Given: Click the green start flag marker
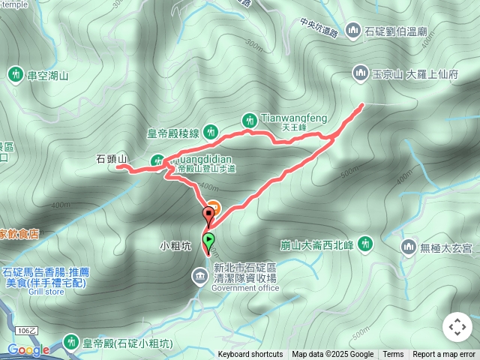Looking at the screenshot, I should coord(208,240).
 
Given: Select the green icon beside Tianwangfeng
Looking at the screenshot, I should coord(250,119).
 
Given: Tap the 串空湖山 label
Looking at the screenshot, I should coord(48,75).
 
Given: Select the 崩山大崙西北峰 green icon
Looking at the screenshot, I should coord(365,243).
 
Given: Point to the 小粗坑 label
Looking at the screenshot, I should coord(175,245).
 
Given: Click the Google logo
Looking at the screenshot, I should coord(28,349).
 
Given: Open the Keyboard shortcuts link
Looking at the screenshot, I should coord(250,355).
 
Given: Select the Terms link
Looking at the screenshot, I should coord(393,355).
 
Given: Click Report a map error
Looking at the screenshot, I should coord(444,355).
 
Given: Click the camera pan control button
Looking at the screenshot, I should coord(457,327).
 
